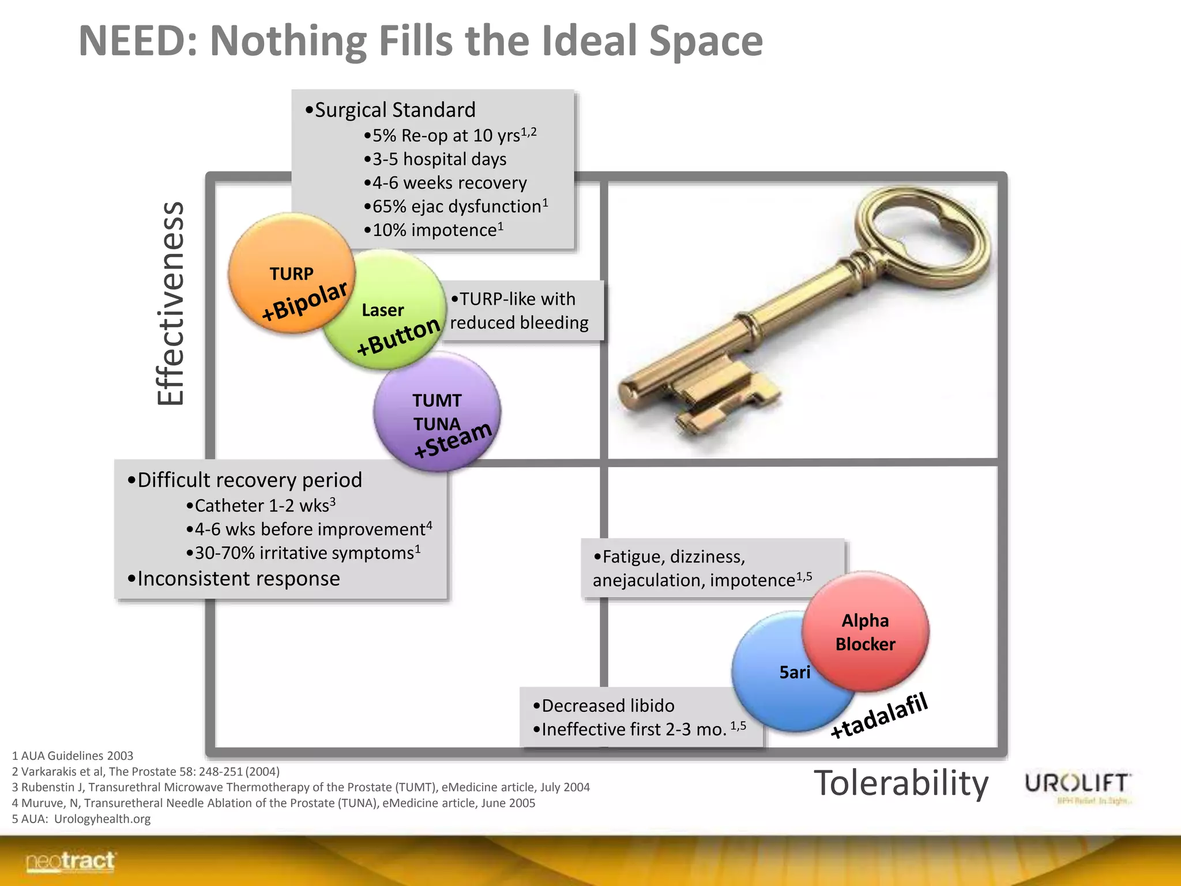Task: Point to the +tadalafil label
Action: pyautogui.click(x=879, y=716)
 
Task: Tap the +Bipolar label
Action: pyautogui.click(x=304, y=301)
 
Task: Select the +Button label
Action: pyautogui.click(x=398, y=337)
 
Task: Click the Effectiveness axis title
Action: pyautogui.click(x=171, y=303)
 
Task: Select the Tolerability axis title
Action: pyautogui.click(x=901, y=783)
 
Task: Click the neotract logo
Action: pyautogui.click(x=70, y=862)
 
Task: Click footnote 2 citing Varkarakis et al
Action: pyautogui.click(x=146, y=772)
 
